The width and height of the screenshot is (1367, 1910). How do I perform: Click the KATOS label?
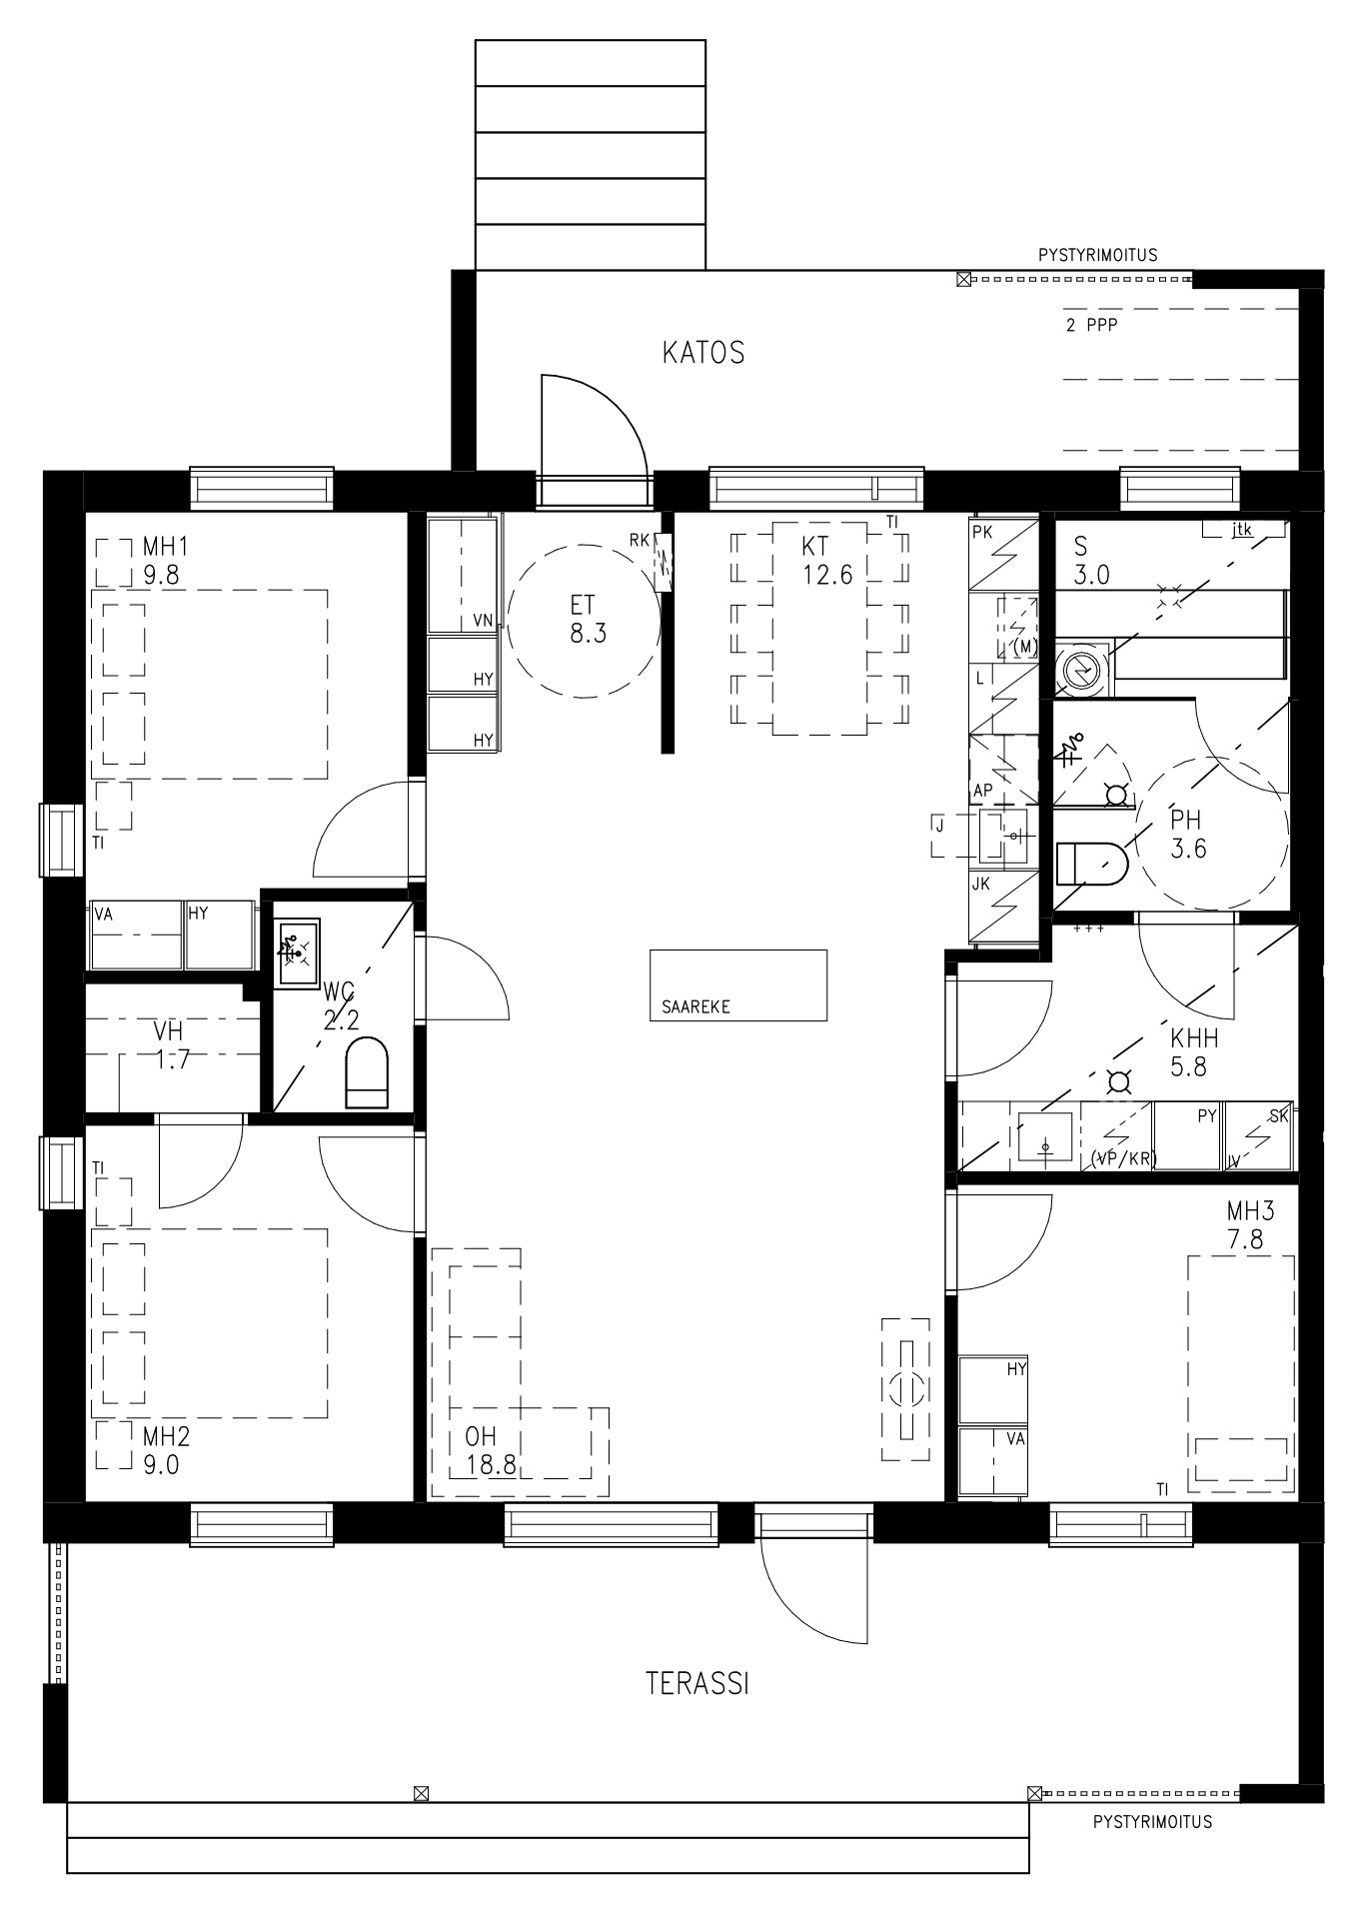[703, 353]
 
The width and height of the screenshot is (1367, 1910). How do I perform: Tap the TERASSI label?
[697, 1684]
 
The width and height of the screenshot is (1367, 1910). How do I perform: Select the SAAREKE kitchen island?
[738, 984]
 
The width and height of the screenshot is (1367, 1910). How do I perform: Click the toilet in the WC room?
[366, 1072]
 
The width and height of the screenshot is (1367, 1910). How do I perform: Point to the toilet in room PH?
[1091, 863]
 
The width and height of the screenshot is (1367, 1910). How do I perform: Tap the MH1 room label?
[165, 547]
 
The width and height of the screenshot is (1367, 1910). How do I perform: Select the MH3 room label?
[1251, 1212]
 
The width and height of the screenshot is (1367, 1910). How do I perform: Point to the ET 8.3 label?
[589, 619]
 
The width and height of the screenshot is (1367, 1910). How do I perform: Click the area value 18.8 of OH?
[491, 1466]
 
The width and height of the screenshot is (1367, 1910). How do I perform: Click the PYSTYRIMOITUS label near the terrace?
[1152, 1822]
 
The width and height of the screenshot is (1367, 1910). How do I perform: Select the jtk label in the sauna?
[1242, 531]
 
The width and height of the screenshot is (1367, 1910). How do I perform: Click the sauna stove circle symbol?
[1080, 670]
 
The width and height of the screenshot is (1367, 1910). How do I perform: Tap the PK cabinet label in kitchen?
[982, 533]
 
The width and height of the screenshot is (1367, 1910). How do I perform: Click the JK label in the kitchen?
[981, 884]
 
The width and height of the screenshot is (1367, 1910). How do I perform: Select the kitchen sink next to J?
[1002, 836]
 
